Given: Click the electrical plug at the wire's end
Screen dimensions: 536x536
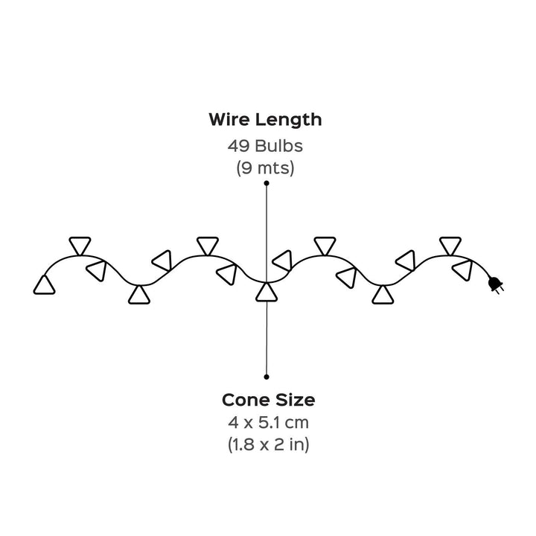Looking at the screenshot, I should [494, 284].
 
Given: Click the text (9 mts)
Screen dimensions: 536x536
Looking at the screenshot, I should [266, 167].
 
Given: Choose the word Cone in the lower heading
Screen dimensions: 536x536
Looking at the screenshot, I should [246, 400].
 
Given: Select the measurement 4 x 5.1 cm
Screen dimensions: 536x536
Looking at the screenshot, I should [268, 423].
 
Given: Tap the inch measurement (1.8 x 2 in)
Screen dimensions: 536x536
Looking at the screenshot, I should [268, 445].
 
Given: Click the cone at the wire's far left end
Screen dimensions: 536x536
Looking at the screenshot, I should [45, 284].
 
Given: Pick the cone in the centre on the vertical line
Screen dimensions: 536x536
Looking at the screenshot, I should [267, 292].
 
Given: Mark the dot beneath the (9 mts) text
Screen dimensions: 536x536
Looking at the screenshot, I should [267, 182].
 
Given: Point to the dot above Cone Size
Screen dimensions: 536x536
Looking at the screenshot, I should [267, 377].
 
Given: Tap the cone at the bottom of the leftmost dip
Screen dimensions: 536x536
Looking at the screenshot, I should [138, 296].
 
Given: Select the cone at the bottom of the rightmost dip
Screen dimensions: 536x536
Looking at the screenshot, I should [383, 296].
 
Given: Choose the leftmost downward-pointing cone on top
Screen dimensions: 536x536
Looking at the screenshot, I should [80, 244].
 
